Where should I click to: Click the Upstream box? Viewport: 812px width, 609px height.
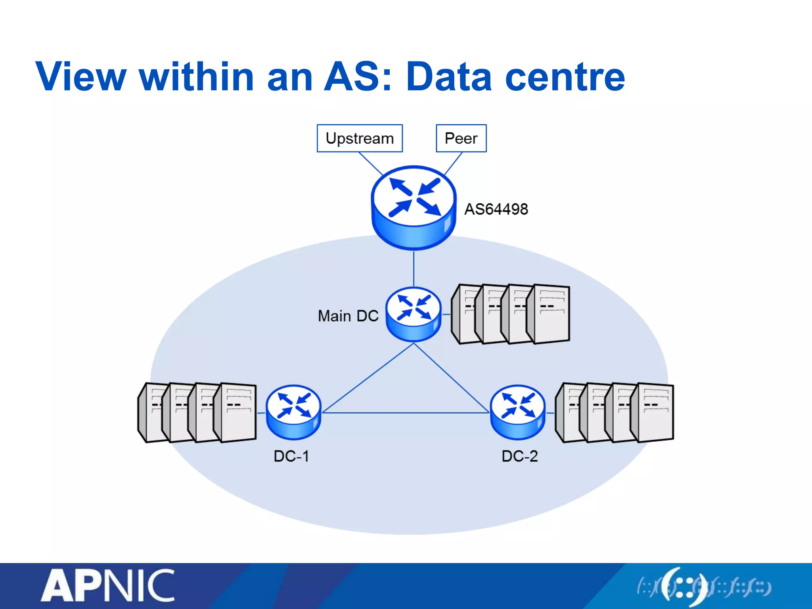pos(360,138)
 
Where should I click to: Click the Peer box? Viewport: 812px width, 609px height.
pos(461,138)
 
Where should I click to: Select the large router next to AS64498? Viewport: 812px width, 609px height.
pos(414,207)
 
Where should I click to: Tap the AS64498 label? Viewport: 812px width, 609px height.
pos(496,209)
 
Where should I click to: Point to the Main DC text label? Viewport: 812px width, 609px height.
pos(348,316)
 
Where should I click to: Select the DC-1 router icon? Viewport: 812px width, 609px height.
pos(293,412)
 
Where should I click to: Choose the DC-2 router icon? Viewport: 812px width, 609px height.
pos(517,412)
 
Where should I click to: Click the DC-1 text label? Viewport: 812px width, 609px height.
pos(291,456)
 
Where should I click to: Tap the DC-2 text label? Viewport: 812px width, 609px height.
pos(519,456)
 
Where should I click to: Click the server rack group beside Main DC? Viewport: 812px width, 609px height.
pos(511,314)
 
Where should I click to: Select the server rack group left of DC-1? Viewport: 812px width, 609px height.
pos(197,412)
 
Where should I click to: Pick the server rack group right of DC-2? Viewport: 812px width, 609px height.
pos(615,412)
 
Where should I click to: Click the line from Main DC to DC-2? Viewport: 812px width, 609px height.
pos(451,378)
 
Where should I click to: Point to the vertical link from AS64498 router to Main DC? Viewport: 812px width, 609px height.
pos(414,268)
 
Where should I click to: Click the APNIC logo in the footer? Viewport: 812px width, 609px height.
pos(108,586)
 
